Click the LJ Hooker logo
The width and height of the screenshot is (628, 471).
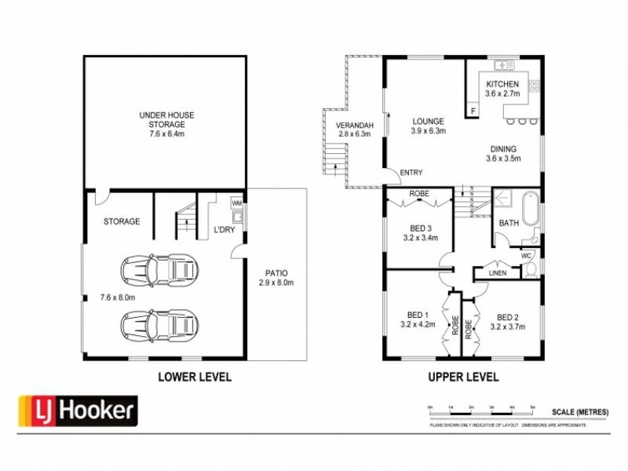tap(78, 410)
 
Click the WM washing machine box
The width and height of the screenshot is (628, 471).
tap(236, 203)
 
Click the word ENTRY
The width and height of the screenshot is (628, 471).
tap(411, 173)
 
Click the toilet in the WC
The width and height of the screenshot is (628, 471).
tap(531, 269)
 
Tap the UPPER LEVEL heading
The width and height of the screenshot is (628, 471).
tap(463, 377)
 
